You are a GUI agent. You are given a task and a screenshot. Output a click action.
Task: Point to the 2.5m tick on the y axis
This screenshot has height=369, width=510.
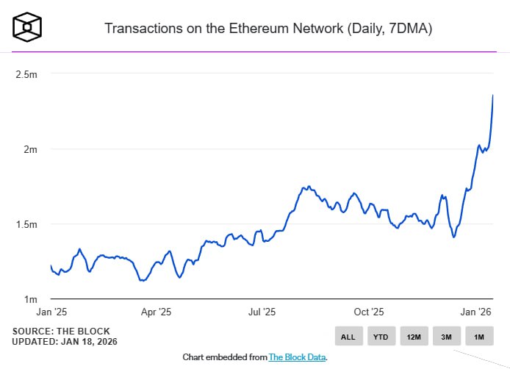[26, 74]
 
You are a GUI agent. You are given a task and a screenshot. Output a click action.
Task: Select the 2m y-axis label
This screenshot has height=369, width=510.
[30, 149]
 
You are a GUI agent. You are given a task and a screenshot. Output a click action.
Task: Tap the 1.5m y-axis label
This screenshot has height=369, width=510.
[26, 224]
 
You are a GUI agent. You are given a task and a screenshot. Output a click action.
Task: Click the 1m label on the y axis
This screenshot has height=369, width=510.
[30, 299]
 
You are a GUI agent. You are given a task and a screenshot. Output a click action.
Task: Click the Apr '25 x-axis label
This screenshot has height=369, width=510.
[156, 312]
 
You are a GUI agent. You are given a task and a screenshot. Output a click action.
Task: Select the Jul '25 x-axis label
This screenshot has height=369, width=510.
[263, 312]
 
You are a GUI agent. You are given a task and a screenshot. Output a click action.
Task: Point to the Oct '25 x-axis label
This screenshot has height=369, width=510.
[369, 312]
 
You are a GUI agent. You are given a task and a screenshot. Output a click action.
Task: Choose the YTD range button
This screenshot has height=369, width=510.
[381, 337]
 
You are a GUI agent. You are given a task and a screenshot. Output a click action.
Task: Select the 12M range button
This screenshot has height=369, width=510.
[414, 337]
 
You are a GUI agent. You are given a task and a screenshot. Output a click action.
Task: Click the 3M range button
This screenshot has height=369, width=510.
[446, 337]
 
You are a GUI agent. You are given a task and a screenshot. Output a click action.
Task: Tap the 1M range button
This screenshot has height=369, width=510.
[478, 337]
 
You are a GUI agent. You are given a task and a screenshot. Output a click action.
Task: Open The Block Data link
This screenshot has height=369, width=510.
[297, 357]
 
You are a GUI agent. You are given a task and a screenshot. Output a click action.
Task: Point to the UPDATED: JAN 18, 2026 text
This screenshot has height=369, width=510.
[65, 342]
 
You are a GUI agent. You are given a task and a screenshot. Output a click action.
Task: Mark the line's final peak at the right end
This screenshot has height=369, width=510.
[492, 95]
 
